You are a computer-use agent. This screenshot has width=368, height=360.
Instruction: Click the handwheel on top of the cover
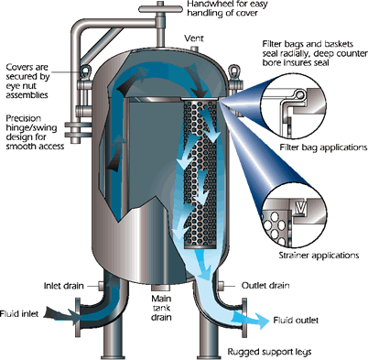160,9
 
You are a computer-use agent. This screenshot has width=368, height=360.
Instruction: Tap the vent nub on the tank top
194,49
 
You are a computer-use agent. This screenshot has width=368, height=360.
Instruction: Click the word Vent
194,38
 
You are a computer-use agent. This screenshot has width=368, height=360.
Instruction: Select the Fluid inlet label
19,313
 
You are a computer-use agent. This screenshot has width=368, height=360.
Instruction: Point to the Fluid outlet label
296,320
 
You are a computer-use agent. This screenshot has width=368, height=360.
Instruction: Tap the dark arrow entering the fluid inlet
62,314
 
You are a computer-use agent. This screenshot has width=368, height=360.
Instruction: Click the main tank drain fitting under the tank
161,288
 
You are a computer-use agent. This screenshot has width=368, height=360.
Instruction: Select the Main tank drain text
161,308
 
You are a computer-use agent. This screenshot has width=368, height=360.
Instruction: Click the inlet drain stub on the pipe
100,286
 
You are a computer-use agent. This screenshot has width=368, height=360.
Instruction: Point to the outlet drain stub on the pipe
222,287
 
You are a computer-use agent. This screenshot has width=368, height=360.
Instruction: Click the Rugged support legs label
269,352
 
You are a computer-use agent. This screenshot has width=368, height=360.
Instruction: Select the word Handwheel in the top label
206,4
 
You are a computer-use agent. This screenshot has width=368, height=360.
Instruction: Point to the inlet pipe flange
77,316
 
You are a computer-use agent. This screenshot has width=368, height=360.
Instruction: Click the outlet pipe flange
244,318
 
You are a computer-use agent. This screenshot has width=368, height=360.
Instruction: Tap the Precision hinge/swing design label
35,132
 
